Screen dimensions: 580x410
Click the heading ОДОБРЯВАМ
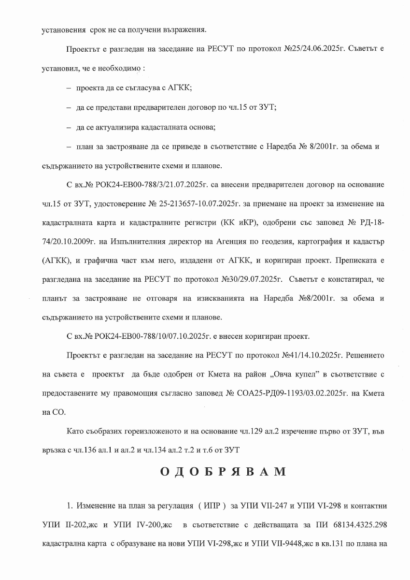tap(223, 472)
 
